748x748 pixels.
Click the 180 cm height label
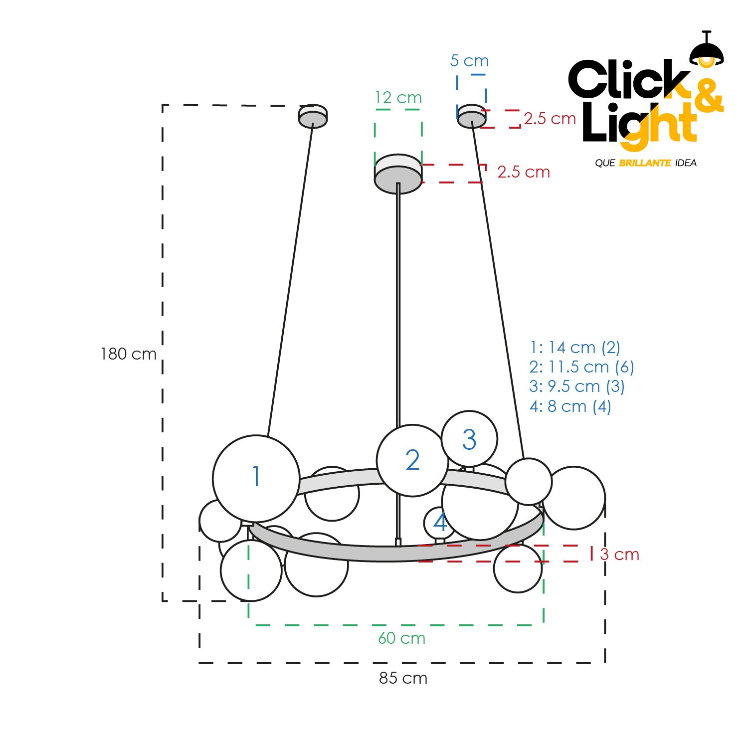[129, 354]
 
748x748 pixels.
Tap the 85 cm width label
[403, 678]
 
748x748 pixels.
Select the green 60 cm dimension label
[401, 638]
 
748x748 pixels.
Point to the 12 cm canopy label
[398, 98]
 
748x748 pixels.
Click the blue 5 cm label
[469, 61]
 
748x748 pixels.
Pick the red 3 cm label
[620, 555]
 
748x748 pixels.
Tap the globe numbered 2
[412, 460]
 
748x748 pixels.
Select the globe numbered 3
[469, 439]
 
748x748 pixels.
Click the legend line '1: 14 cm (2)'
[575, 348]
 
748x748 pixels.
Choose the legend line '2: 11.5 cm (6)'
[581, 367]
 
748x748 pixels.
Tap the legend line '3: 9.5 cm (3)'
[577, 386]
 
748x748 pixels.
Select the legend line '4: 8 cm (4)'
[570, 406]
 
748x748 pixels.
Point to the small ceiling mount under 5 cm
[471, 116]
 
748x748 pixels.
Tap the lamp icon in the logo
[706, 51]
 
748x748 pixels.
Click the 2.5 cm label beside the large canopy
[524, 172]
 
